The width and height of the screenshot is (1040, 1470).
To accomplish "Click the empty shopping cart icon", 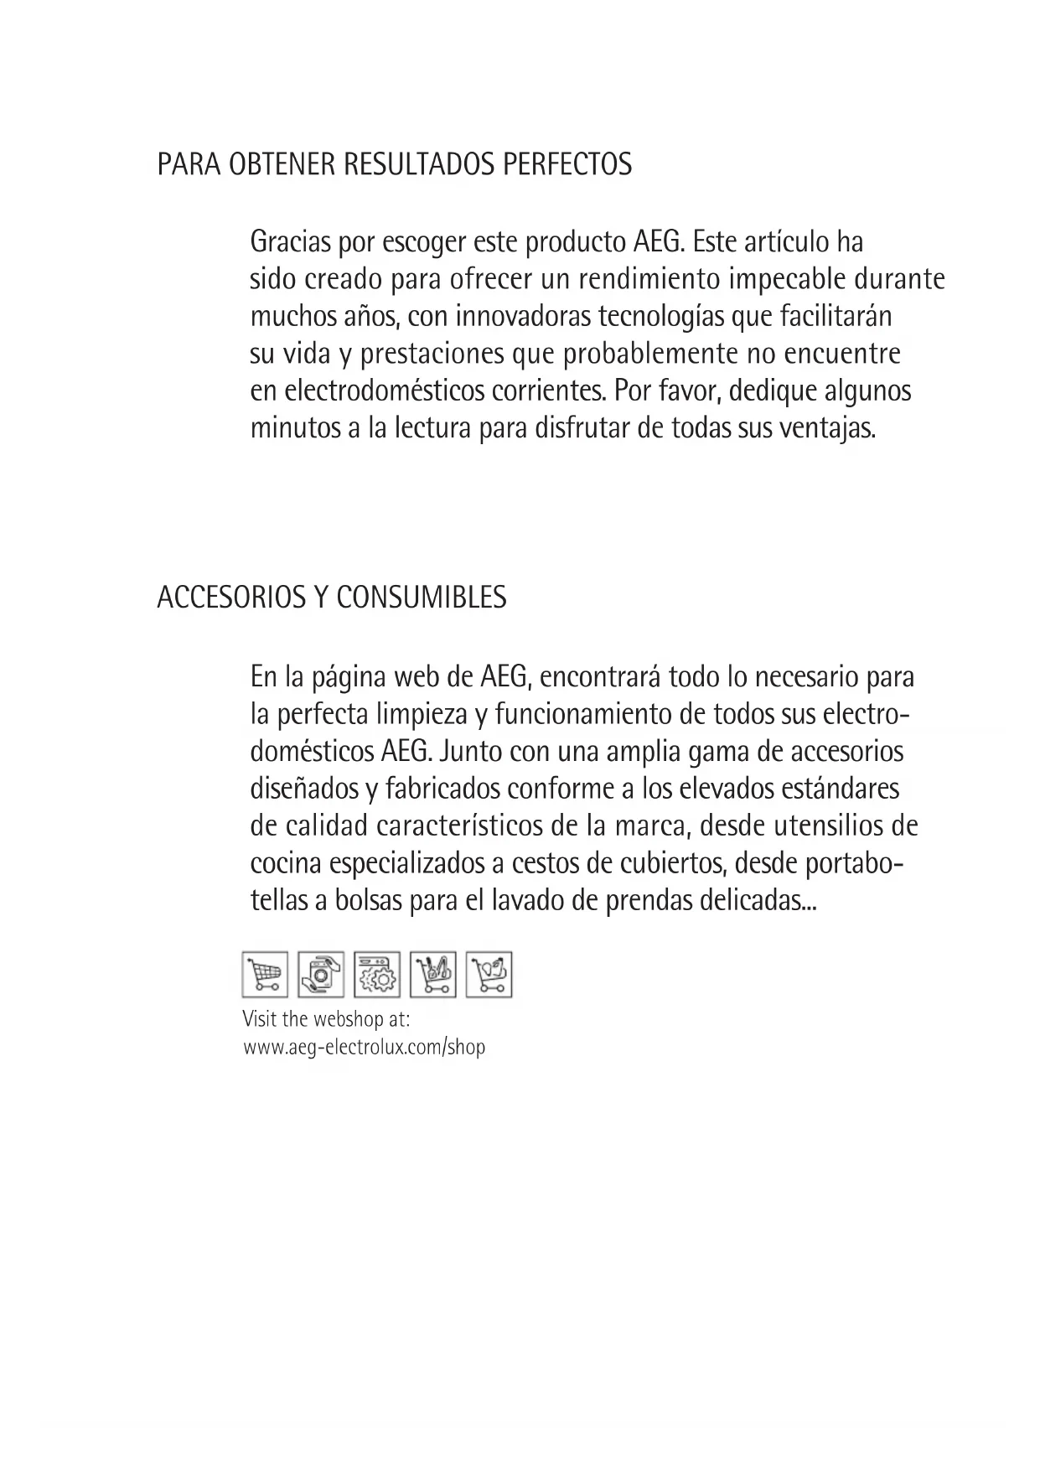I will (x=265, y=975).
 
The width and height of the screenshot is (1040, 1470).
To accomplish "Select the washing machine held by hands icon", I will (x=320, y=975).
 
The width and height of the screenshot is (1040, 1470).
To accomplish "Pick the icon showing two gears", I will (x=377, y=975).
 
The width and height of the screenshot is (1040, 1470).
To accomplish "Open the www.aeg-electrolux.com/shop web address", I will (x=364, y=1047).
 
